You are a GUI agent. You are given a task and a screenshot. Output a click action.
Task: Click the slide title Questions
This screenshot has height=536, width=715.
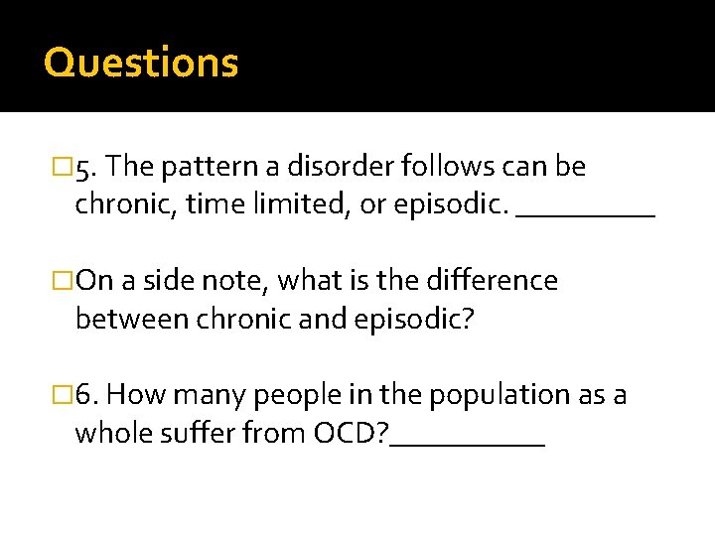point(141,63)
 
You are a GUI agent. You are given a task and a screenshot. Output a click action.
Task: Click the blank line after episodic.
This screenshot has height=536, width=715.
point(586,212)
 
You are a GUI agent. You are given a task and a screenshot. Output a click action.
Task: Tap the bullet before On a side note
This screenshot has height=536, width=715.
point(67,282)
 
